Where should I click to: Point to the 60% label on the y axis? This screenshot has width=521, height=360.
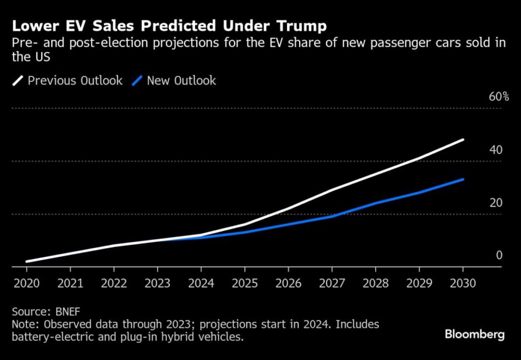coord(499,97)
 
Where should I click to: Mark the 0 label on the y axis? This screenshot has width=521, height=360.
coord(499,255)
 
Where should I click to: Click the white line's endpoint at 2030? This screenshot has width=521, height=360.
coord(463,139)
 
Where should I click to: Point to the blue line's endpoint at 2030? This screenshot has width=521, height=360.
coord(463,179)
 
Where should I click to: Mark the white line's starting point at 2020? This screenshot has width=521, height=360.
coord(26,261)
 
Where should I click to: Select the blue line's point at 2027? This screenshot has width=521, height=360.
coord(332,216)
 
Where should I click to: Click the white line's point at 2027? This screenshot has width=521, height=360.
coord(332,190)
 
